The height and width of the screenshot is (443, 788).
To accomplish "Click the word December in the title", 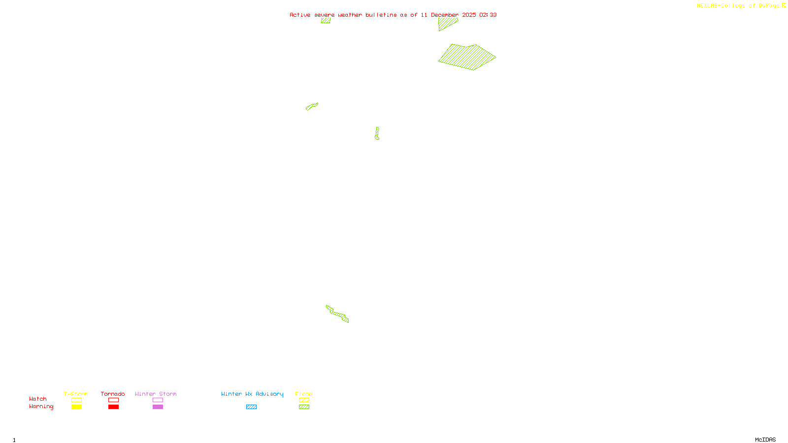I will click(x=445, y=15).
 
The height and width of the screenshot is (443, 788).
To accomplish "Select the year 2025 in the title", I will click(x=469, y=15).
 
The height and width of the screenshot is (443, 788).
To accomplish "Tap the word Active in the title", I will click(x=300, y=15).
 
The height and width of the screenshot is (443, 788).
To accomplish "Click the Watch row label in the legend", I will click(x=38, y=399).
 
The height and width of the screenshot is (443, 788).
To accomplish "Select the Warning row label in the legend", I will click(x=41, y=407).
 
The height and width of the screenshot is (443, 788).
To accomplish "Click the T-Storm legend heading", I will click(x=76, y=394).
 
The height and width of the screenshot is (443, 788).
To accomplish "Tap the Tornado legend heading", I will click(x=113, y=394).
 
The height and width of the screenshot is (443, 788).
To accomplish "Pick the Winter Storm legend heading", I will click(x=156, y=394).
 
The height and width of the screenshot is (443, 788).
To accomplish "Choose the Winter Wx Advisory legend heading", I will click(x=252, y=394).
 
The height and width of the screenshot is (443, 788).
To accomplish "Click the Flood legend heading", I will click(x=304, y=394).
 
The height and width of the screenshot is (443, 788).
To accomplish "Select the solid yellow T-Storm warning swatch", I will click(x=76, y=407).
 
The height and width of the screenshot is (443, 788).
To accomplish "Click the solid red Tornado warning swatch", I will click(x=114, y=407).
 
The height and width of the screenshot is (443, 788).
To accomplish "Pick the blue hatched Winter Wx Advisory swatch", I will click(x=251, y=407).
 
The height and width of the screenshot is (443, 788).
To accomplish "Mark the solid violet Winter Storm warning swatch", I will click(x=158, y=407).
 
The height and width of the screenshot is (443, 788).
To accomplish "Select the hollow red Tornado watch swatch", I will click(x=114, y=400).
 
